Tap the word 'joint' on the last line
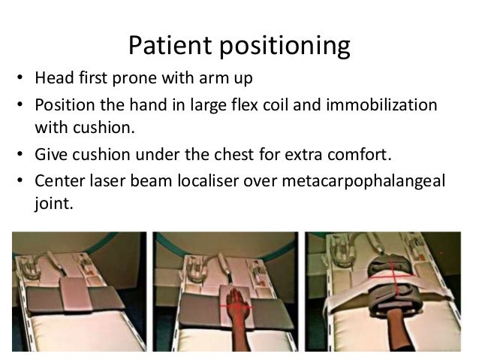tap(54, 201)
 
